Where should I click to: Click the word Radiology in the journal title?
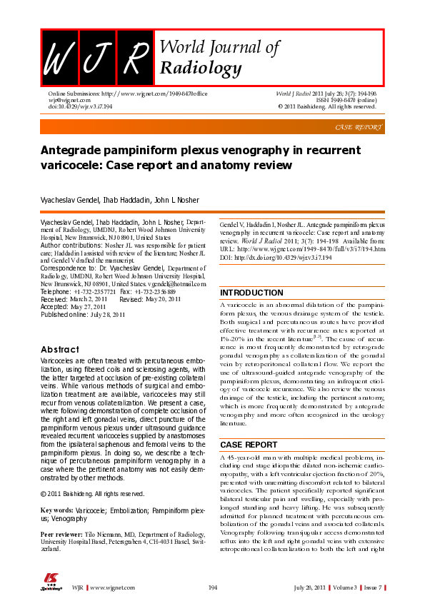[x=201, y=68]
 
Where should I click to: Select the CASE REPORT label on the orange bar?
[x=359, y=127]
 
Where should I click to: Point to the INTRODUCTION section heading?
[x=252, y=293]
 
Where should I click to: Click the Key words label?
[x=57, y=511]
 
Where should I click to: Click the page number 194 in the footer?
[x=212, y=587]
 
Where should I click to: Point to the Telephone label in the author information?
[x=56, y=292]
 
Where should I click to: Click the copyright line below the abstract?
[x=93, y=494]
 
